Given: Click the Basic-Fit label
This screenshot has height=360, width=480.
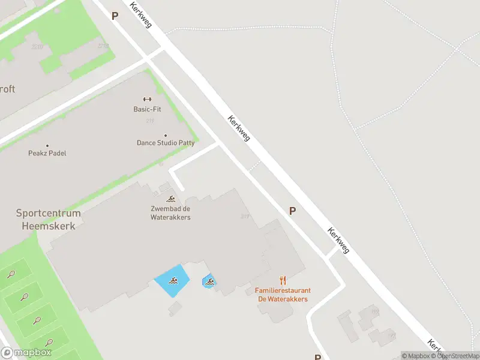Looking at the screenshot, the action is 147,109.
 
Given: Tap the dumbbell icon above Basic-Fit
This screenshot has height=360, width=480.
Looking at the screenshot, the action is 147,99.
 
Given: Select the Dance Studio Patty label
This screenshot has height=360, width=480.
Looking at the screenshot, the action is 166,143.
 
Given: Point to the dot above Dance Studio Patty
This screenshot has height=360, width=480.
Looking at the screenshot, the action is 166,136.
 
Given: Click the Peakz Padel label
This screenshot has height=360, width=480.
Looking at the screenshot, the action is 47,153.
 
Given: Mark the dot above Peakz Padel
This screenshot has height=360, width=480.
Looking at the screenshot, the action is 47,145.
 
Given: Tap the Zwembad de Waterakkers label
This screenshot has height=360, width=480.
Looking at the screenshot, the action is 170,213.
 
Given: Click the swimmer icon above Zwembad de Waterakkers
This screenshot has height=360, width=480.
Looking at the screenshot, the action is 171,199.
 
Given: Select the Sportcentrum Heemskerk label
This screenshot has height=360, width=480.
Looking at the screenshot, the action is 48,219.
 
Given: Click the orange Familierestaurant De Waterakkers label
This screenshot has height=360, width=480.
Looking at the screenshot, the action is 282,295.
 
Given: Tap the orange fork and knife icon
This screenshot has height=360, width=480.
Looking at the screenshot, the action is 283,280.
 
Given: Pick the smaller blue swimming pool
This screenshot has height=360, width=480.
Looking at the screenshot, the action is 209,280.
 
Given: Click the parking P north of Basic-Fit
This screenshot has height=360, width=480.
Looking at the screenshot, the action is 115,16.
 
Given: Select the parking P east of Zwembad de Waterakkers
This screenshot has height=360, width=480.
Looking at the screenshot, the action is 293,211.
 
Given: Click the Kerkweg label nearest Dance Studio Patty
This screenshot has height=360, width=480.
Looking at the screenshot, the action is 239,128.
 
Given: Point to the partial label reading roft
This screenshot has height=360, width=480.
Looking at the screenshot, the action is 7,89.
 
